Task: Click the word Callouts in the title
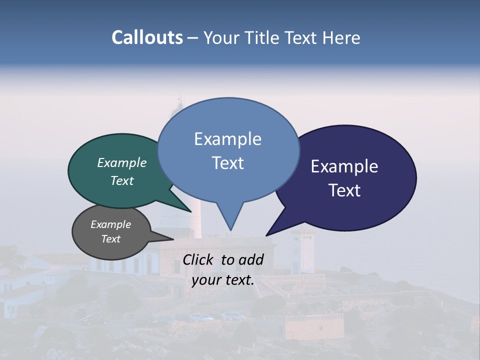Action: pos(147,37)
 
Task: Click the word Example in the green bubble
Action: pos(121,163)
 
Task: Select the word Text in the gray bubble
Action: pos(110,239)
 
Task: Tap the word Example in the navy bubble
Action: pos(344,166)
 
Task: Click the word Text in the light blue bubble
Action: pos(228,163)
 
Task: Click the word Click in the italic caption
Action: pos(199,259)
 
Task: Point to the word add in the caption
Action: pos(250,259)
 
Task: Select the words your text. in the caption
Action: pos(223,280)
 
